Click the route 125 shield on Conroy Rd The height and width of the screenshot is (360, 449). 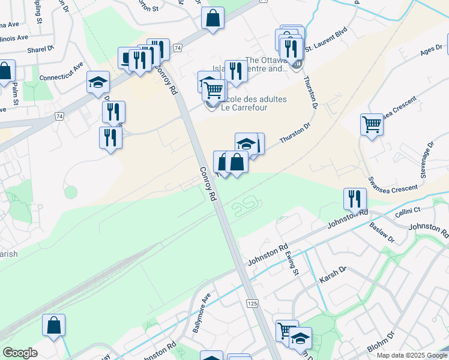[252, 304]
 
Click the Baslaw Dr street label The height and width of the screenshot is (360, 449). [382, 233]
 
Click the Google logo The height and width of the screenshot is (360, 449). [20, 353]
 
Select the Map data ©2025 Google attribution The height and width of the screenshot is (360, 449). [412, 355]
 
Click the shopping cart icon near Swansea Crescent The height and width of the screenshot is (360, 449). [372, 125]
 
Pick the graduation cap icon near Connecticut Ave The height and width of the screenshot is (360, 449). [98, 82]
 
